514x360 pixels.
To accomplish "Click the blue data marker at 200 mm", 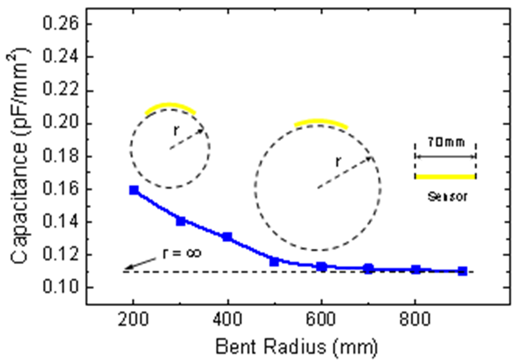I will [x=134, y=190].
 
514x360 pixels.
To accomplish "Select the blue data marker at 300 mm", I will [x=180, y=221].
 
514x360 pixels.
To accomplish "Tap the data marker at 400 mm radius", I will [x=227, y=237].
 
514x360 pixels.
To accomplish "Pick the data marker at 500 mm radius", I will [x=274, y=261].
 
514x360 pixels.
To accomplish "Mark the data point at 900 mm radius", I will [x=462, y=271].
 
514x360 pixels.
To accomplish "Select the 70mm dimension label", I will [x=446, y=142].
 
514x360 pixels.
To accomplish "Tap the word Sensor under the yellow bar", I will [x=447, y=196].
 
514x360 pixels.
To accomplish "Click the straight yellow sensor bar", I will [x=445, y=177].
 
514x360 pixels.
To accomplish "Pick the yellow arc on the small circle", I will [x=170, y=107].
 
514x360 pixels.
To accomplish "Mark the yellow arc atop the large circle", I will [x=320, y=122].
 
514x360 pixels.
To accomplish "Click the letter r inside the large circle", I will [x=339, y=161].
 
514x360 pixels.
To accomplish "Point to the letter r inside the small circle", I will [x=175, y=131].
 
